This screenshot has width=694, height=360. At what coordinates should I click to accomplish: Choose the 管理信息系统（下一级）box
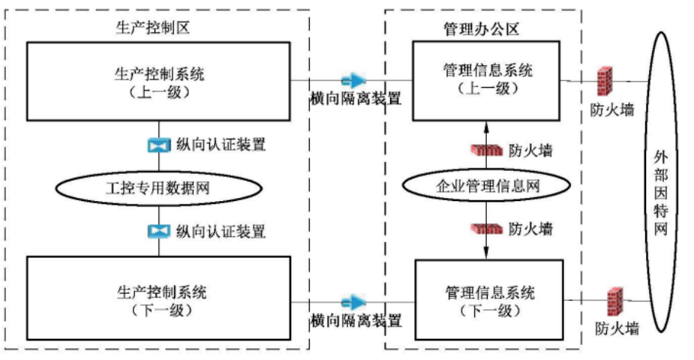click(x=487, y=297)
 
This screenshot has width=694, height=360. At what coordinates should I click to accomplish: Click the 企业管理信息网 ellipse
click(x=487, y=187)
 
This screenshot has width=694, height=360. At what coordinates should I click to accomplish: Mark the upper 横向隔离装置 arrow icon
click(x=353, y=79)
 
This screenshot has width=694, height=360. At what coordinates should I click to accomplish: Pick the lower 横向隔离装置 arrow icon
click(x=353, y=302)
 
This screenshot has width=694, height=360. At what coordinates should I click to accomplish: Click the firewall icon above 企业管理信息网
click(x=485, y=149)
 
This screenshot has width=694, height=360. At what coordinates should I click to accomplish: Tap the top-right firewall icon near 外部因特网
click(x=604, y=80)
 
